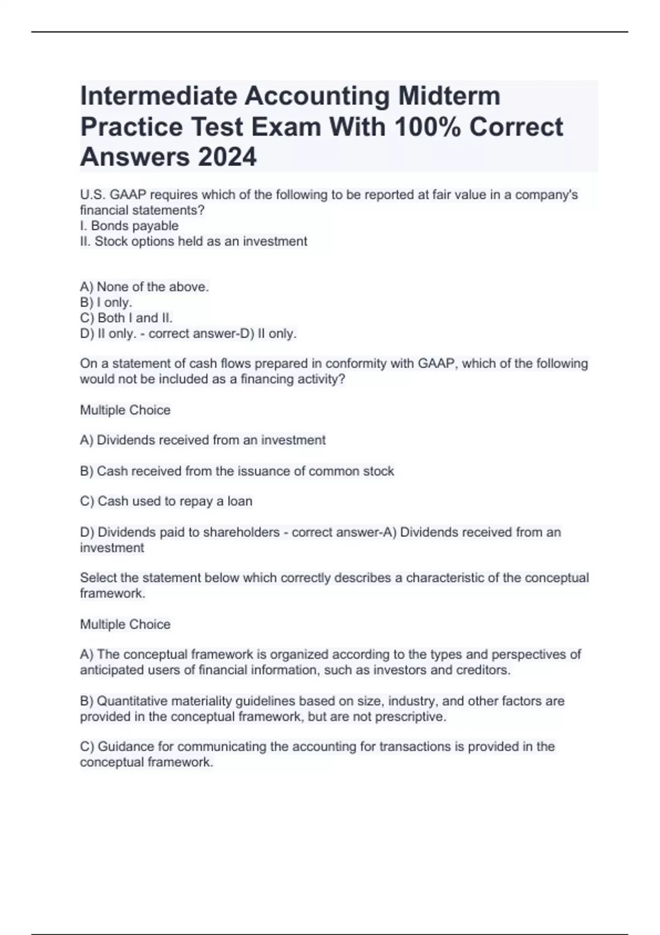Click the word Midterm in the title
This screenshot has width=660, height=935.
coord(449,96)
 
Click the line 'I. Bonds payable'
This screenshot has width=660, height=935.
coord(129,226)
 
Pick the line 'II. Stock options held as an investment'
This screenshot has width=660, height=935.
coord(194,241)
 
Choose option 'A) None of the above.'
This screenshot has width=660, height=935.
coord(144,287)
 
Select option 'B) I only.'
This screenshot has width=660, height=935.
coord(106,302)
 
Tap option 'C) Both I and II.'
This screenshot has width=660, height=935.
coord(127,318)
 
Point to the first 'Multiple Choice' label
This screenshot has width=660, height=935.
coord(125,410)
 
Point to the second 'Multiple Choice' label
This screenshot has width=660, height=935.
coord(125,624)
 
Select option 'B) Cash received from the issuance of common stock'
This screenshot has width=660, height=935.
coord(237,471)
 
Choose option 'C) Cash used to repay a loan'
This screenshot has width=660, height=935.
coord(166,502)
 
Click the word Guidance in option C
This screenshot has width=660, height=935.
coord(126,747)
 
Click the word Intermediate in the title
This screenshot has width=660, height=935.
coord(158,96)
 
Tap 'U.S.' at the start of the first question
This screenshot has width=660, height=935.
coord(92,195)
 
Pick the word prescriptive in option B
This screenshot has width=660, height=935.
coord(413,717)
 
